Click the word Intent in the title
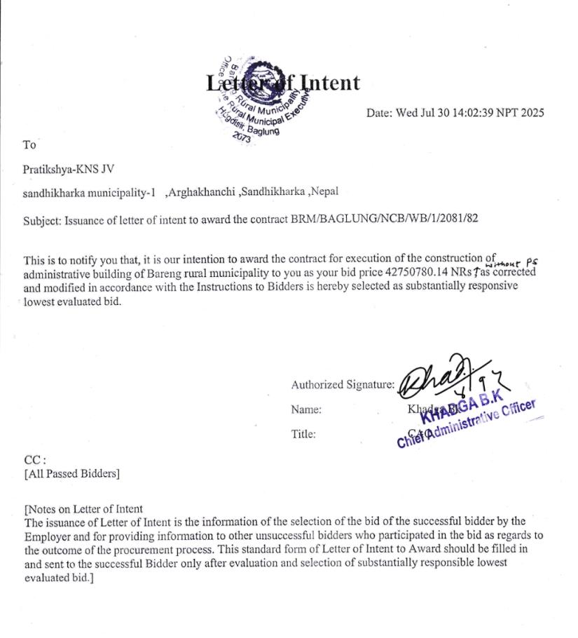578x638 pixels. (330, 83)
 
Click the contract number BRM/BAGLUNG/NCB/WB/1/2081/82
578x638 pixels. (384, 219)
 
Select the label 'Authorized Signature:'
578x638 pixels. (343, 385)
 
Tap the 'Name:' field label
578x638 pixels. (306, 409)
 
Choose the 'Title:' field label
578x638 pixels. (303, 434)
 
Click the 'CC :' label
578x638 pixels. (35, 460)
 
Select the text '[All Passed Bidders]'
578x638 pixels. (71, 474)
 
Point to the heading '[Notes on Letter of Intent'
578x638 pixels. (83, 509)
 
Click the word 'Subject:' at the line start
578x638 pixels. (43, 219)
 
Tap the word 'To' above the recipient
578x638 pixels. (29, 145)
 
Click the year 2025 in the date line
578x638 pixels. (532, 113)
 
